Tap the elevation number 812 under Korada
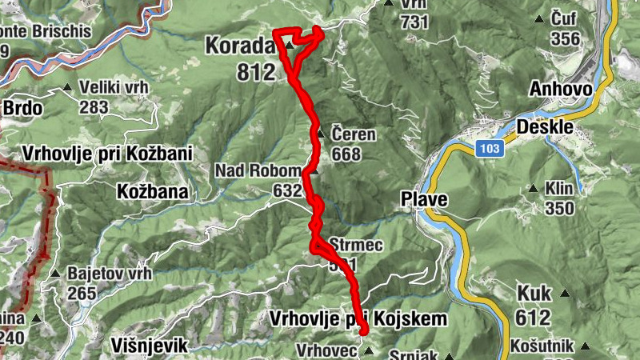256,71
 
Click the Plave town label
425,200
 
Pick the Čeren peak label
353,134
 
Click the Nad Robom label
258,170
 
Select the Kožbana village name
152,192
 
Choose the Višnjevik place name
145,346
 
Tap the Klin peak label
560,190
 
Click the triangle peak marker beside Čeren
321,134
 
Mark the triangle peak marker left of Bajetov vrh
56,274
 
